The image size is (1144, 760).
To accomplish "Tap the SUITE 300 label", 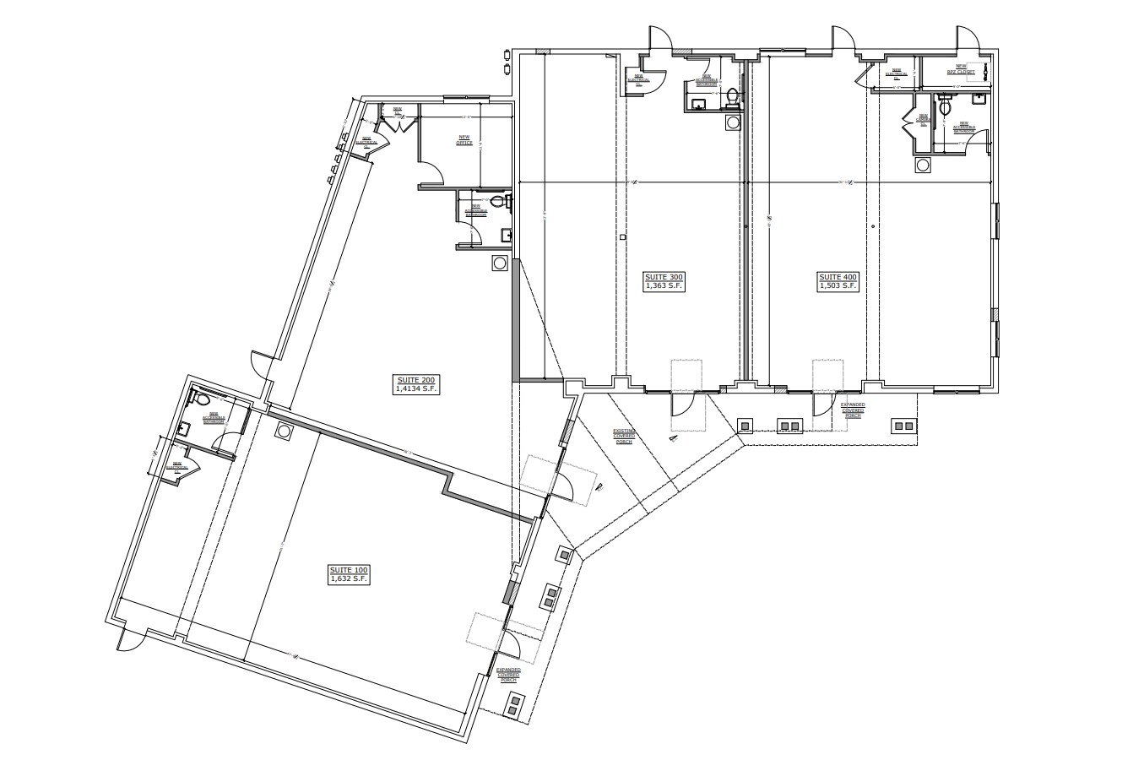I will point(664,282).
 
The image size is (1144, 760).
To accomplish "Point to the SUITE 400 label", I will point(838,282).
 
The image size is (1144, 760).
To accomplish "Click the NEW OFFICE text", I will point(464,140).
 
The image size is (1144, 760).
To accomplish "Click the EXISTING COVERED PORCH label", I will point(624,435).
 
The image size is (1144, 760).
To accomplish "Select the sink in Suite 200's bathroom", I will point(505,234).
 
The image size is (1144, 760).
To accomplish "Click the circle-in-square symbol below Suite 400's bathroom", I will point(922,165).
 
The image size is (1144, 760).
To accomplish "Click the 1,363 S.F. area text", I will point(664,287).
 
